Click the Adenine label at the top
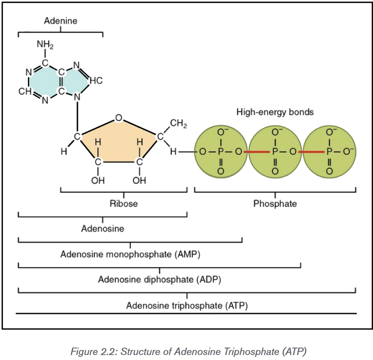pos(61,21)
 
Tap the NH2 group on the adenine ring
pos(45,45)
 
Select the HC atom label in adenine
pos(96,81)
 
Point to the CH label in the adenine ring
pos(25,91)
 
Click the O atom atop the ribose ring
pos(119,118)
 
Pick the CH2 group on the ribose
pos(178,124)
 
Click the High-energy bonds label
pos(275,112)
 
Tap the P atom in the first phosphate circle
pos(221,151)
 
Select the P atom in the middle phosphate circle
pos(275,151)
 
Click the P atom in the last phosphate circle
pos(330,151)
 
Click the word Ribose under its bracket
pos(124,204)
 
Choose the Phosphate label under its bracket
pos(275,204)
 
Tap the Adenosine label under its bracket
pos(103,229)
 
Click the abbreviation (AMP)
pos(187,254)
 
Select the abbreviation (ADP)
pos(208,280)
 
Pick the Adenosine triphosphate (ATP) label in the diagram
pos(187,306)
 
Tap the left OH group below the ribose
pos(98,180)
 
